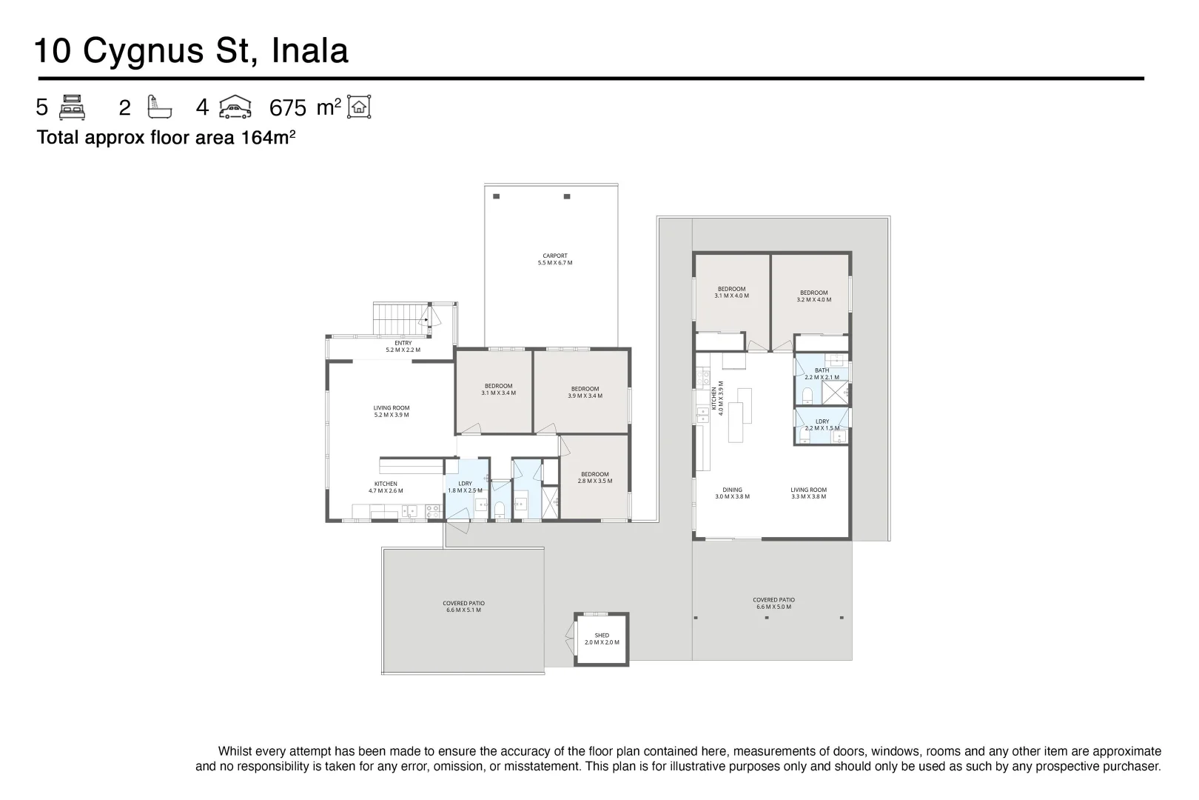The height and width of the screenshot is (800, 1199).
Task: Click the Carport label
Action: [x=554, y=259]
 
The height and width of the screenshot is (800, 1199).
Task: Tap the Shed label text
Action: [x=602, y=639]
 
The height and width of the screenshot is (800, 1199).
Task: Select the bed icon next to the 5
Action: [x=72, y=107]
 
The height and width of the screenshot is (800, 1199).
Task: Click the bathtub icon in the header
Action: [x=159, y=107]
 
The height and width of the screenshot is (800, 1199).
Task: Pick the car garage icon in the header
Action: [x=235, y=107]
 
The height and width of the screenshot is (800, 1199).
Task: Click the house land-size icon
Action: [x=359, y=107]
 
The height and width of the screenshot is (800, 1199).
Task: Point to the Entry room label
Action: [x=403, y=346]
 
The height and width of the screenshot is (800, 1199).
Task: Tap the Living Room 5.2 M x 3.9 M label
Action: [x=391, y=411]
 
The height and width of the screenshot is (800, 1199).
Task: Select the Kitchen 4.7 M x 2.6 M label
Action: [x=385, y=487]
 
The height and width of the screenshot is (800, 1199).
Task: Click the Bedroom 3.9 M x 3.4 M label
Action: [x=585, y=392]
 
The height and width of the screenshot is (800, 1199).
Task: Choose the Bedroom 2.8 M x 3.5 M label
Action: [x=594, y=477]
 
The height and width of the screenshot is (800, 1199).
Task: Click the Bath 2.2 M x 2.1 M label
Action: [x=822, y=373]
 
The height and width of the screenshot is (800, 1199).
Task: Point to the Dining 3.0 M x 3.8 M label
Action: [x=732, y=493]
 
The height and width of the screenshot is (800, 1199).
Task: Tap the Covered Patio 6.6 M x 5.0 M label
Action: [x=773, y=603]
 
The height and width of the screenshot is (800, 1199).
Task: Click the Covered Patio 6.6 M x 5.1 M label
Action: [x=463, y=606]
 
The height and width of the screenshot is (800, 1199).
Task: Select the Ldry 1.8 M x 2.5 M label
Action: [x=465, y=487]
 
